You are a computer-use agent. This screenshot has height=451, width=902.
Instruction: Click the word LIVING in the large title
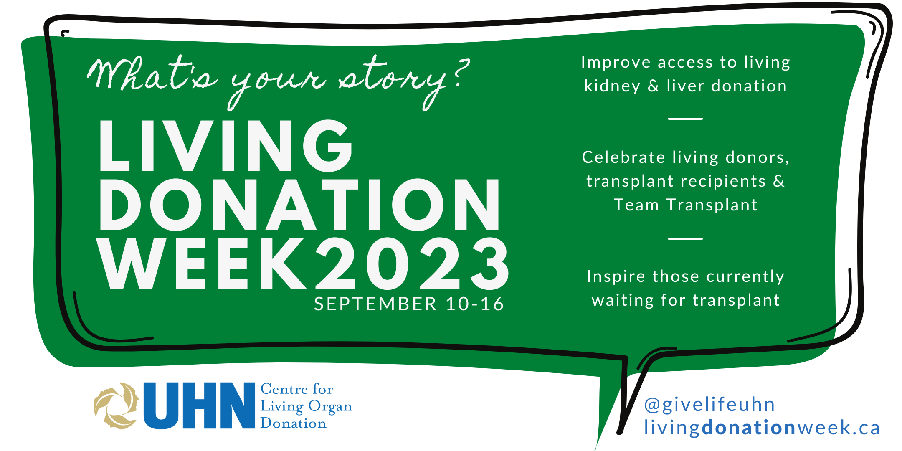[x=226, y=145]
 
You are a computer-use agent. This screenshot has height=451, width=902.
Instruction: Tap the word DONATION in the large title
[x=299, y=205]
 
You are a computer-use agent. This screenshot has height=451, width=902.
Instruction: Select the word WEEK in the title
[x=202, y=263]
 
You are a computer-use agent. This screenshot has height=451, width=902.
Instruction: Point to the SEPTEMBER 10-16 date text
[x=409, y=304]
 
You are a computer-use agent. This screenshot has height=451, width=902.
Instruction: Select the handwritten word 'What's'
[x=152, y=73]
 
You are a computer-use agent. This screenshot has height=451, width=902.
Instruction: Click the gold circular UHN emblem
[x=116, y=405]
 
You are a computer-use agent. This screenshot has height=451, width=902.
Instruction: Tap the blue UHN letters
[x=199, y=405]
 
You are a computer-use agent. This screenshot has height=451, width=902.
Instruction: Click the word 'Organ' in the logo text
[x=330, y=407]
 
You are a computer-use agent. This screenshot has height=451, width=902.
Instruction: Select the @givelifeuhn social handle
[x=709, y=405]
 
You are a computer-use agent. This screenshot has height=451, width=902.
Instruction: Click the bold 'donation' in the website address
[x=749, y=428]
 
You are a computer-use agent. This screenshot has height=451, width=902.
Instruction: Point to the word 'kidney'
[x=612, y=86]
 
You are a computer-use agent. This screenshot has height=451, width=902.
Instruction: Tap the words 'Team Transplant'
[x=685, y=205]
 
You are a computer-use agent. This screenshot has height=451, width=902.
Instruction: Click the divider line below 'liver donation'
[x=685, y=119]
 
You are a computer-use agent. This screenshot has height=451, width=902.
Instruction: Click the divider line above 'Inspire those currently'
[x=685, y=238]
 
